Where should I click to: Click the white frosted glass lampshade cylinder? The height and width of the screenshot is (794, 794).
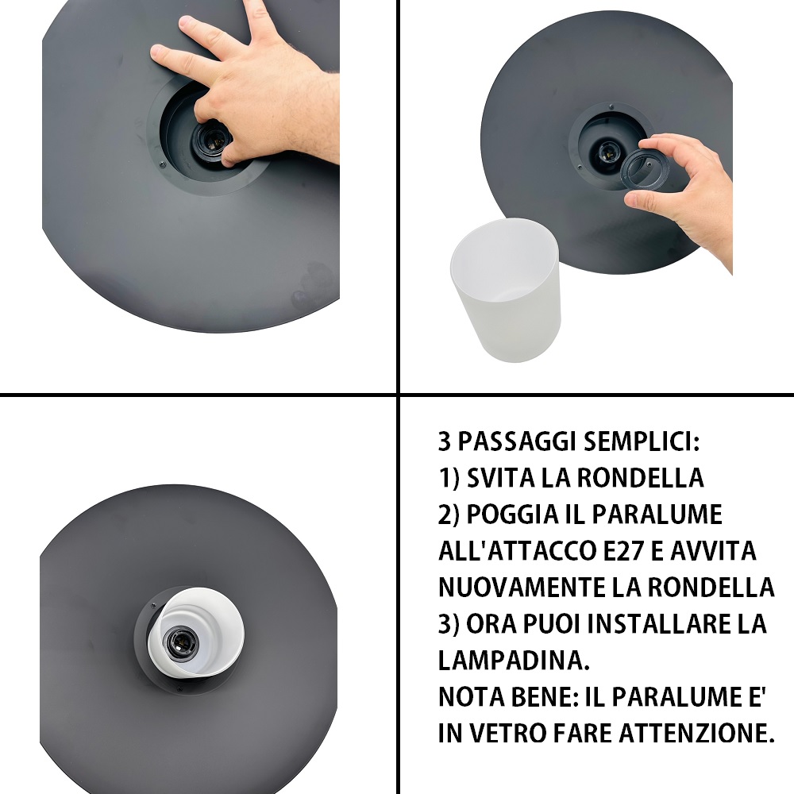(505, 290)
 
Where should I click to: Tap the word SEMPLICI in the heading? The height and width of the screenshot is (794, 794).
(641, 441)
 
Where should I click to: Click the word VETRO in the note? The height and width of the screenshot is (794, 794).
(507, 733)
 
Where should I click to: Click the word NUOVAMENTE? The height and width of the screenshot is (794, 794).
(521, 588)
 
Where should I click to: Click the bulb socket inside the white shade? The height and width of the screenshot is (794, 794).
(179, 642)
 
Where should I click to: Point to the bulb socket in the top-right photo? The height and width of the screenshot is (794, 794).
(607, 150)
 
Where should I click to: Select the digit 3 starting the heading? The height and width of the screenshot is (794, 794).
(444, 441)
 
